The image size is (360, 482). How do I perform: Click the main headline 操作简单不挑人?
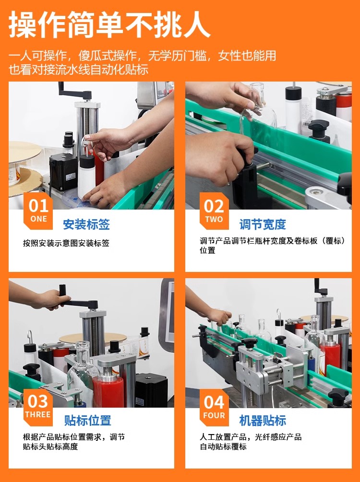(109, 24)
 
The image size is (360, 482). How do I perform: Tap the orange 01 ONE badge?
(38, 211)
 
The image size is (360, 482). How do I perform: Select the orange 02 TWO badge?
(214, 211)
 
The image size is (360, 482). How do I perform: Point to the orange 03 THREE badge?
(38, 408)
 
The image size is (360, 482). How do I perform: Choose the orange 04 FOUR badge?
(214, 408)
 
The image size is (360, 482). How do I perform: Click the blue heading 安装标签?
(86, 224)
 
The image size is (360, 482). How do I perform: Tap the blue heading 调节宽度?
(263, 224)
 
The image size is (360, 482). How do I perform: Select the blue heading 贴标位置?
(88, 421)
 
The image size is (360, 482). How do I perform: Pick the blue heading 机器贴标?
(263, 421)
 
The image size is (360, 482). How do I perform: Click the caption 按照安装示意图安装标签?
(66, 243)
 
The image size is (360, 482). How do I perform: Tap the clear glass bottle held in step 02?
(258, 107)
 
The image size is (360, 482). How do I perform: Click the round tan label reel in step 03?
(92, 338)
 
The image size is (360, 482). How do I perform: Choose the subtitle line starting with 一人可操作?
(142, 56)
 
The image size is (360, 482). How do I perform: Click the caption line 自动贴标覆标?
(223, 447)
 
